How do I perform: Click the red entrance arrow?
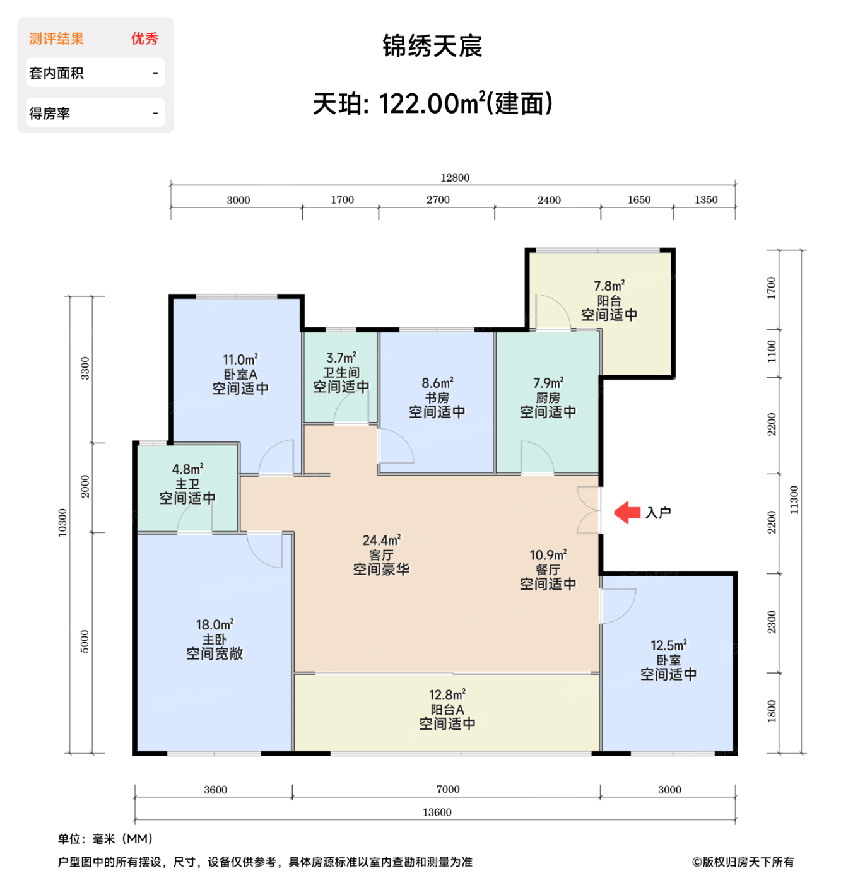[x=627, y=512]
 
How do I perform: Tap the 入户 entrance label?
[x=658, y=513]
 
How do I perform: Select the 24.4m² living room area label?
[x=381, y=541]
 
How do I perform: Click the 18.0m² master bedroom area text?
[x=214, y=625]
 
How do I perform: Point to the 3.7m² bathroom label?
[x=341, y=358]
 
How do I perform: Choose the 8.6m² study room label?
[x=437, y=383]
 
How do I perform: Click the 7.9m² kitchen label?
[x=548, y=383]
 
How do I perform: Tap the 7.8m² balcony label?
[x=609, y=286]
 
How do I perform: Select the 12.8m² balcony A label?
[x=447, y=695]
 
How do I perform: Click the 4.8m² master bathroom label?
[x=187, y=470]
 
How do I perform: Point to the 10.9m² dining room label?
[x=548, y=556]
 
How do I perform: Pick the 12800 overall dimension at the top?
[x=454, y=178]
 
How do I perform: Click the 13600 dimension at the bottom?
[x=437, y=812]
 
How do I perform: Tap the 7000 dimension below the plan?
[x=447, y=790]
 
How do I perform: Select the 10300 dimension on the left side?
[x=62, y=523]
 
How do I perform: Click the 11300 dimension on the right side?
[x=794, y=500]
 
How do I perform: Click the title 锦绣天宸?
[x=432, y=46]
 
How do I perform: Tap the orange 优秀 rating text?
[x=144, y=39]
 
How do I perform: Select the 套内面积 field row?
[x=95, y=73]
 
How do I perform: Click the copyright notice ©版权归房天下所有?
[x=743, y=862]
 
